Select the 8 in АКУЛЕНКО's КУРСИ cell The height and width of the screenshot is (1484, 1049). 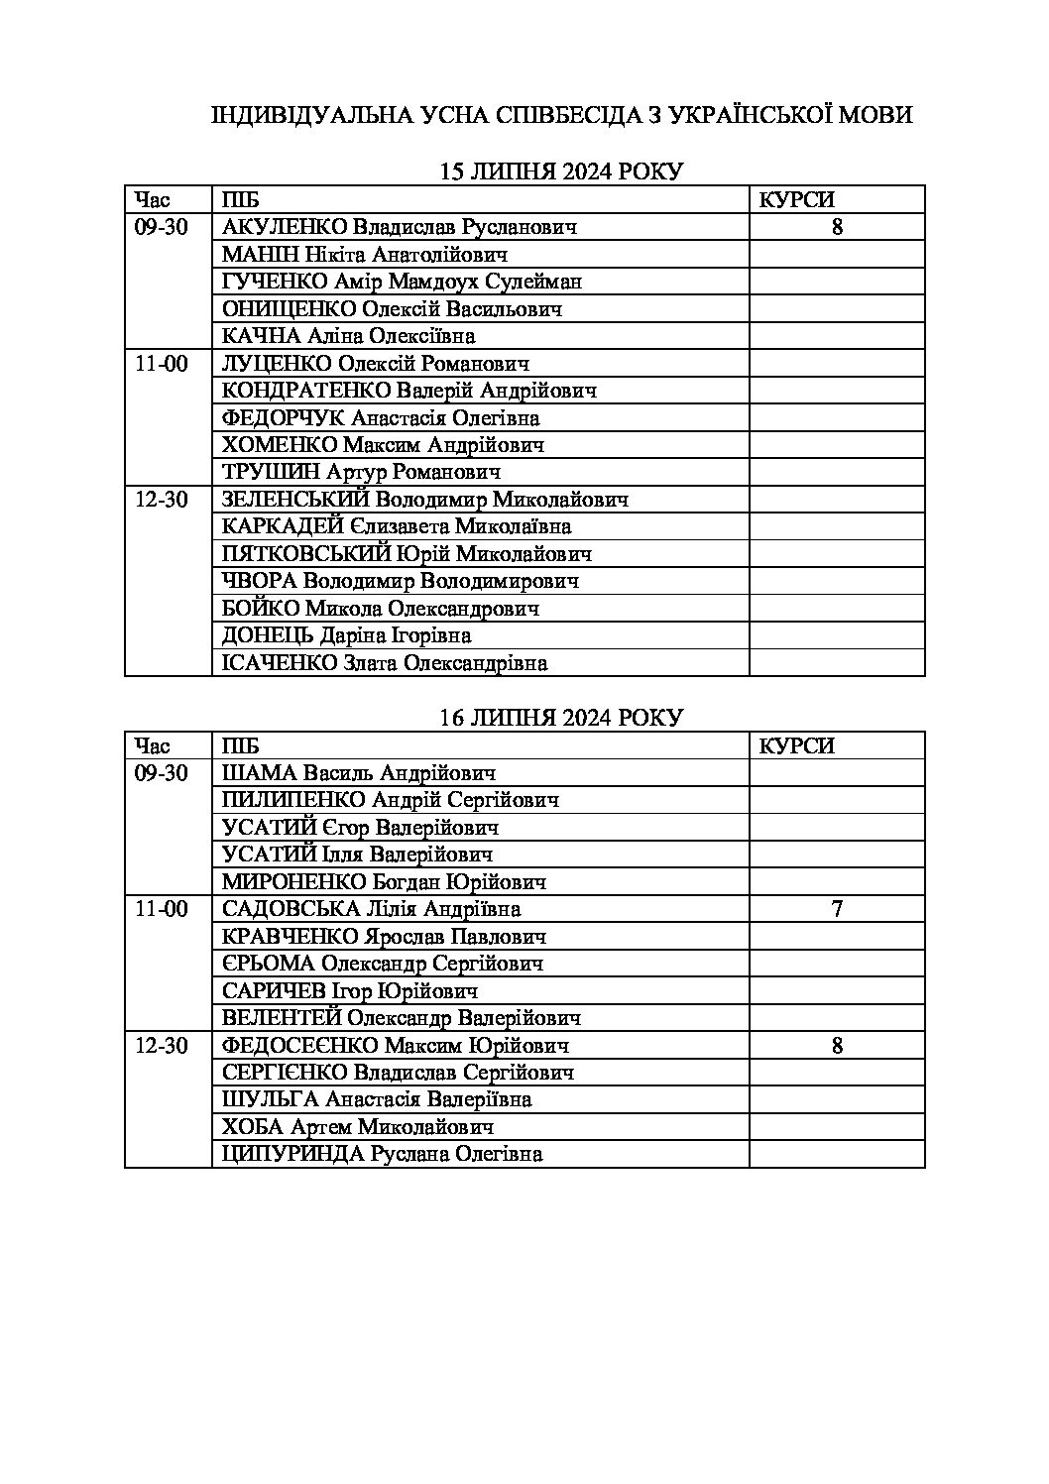[837, 227]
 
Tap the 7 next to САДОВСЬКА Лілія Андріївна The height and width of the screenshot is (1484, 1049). [837, 909]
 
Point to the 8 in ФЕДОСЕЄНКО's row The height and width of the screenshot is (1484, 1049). [837, 1045]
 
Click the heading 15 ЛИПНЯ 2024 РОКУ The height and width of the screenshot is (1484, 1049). [561, 171]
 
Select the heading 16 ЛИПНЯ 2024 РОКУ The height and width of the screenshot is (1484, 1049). [561, 718]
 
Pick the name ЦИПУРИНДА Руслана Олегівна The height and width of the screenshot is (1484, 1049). [383, 1154]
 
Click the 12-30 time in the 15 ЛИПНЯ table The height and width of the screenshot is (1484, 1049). [162, 500]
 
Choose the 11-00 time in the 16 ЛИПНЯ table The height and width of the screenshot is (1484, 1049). [162, 909]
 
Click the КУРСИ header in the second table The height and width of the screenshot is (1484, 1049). [796, 745]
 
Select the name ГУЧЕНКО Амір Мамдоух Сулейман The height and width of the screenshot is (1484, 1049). [402, 282]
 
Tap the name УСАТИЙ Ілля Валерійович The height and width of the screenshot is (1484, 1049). [358, 855]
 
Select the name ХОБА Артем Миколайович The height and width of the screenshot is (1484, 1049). [358, 1127]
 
